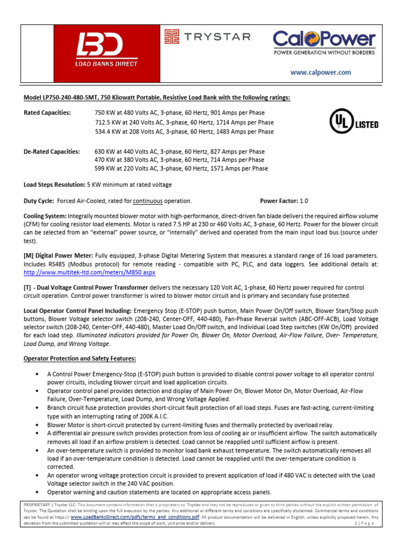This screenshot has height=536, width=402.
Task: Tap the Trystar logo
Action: (208, 37)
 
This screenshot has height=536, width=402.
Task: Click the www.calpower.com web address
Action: (321, 73)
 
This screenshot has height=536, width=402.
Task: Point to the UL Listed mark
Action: (353, 121)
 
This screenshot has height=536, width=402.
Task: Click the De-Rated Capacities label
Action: (52, 152)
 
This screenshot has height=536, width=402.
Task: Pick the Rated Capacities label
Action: (48, 113)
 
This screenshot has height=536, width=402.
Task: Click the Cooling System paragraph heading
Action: (45, 216)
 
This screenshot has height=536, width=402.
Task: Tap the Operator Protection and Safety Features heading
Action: (80, 359)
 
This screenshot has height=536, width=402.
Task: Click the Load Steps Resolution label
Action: (54, 185)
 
